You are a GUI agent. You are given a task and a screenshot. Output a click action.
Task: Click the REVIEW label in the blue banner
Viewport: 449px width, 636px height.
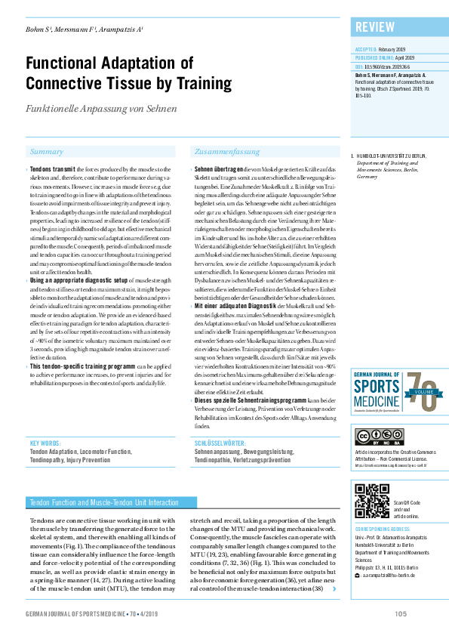click(x=375, y=28)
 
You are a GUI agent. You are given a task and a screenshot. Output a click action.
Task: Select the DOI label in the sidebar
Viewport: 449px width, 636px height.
click(x=358, y=66)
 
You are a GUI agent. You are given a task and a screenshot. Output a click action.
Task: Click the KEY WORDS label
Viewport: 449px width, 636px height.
click(x=45, y=443)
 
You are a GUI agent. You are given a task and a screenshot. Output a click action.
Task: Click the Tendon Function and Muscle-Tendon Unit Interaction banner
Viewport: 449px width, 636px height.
click(x=103, y=502)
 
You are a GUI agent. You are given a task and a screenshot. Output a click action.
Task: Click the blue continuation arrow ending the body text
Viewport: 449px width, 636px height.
click(x=334, y=567)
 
